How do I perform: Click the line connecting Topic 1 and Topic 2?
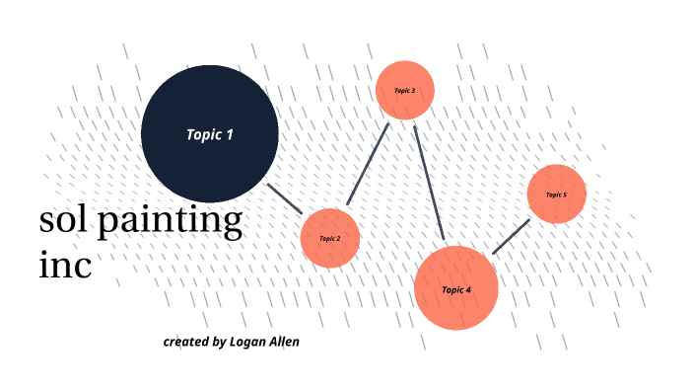286,197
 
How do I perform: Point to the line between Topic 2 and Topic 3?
369,164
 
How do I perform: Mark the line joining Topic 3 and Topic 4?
430,183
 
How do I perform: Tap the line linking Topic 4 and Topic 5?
511,237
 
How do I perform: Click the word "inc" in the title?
65,264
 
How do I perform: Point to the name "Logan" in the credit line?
250,342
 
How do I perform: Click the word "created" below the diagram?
185,342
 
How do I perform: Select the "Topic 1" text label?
210,134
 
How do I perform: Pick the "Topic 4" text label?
455,289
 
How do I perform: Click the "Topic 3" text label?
404,90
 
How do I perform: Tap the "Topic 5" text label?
557,195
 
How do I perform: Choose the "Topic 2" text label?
329,238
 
